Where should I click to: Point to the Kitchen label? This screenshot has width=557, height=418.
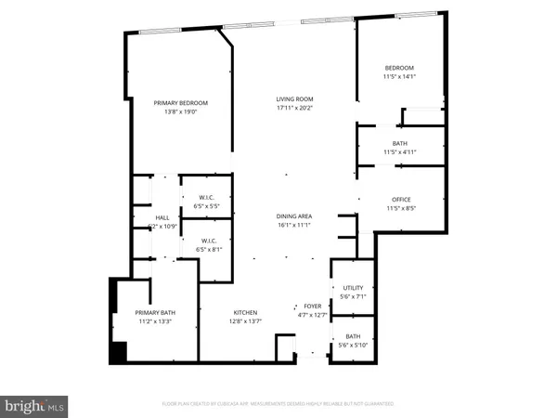click(x=245, y=312)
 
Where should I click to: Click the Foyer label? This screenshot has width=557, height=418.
click(x=312, y=306)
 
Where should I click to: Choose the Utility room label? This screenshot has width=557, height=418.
click(x=353, y=289)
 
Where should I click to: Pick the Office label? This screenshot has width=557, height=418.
click(x=400, y=200)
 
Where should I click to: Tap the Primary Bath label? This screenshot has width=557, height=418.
click(x=155, y=312)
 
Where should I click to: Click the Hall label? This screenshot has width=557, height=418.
click(x=149, y=217)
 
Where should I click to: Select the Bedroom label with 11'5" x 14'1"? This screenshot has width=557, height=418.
click(x=400, y=69)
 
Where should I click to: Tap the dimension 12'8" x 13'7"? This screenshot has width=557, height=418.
click(x=245, y=321)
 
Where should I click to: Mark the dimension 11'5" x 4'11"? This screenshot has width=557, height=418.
click(x=400, y=151)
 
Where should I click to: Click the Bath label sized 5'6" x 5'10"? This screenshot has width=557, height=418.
click(x=353, y=336)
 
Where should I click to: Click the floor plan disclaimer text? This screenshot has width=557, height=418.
click(x=278, y=404)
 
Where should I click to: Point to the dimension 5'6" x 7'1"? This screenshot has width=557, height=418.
click(x=353, y=298)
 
